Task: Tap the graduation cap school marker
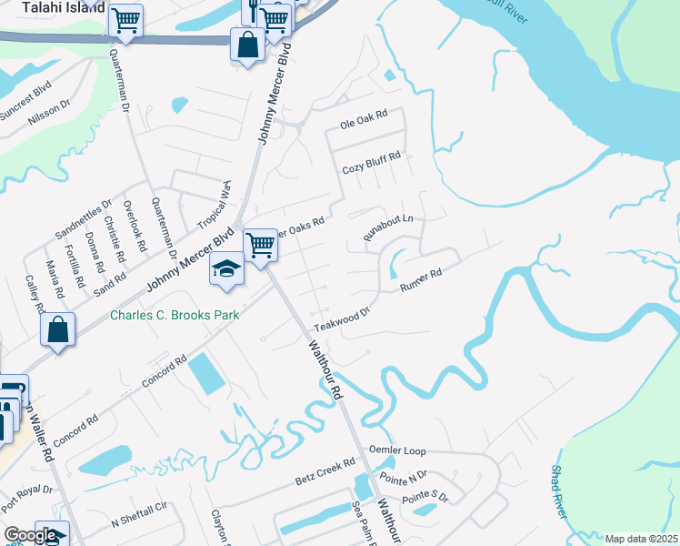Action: [226, 268]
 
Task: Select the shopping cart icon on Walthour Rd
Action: [261, 244]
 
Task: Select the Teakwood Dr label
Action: [343, 319]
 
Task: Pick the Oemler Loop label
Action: [397, 450]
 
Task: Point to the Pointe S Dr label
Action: [425, 498]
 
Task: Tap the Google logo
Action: [30, 535]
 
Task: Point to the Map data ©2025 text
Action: [641, 539]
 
